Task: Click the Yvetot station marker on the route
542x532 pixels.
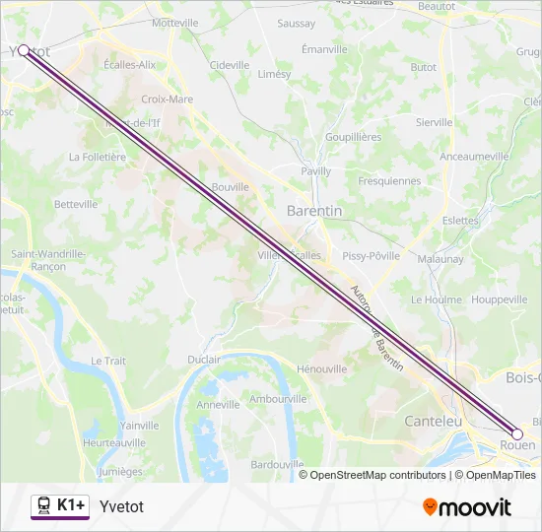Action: click(24, 49)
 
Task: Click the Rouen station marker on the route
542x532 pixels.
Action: click(517, 433)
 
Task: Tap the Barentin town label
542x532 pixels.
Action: click(313, 211)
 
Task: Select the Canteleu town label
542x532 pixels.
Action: click(434, 421)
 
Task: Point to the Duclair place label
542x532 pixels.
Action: click(204, 360)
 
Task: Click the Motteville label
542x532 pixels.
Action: click(175, 23)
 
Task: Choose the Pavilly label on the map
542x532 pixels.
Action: click(316, 171)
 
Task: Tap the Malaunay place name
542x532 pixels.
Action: click(440, 259)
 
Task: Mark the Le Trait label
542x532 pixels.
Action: click(108, 362)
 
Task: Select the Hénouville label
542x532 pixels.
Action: click(321, 369)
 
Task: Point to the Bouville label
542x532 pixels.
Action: click(231, 187)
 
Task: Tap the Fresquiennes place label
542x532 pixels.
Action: click(388, 181)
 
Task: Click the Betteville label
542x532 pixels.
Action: click(76, 205)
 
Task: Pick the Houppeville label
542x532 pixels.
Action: click(500, 299)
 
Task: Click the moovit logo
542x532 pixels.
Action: click(467, 507)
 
